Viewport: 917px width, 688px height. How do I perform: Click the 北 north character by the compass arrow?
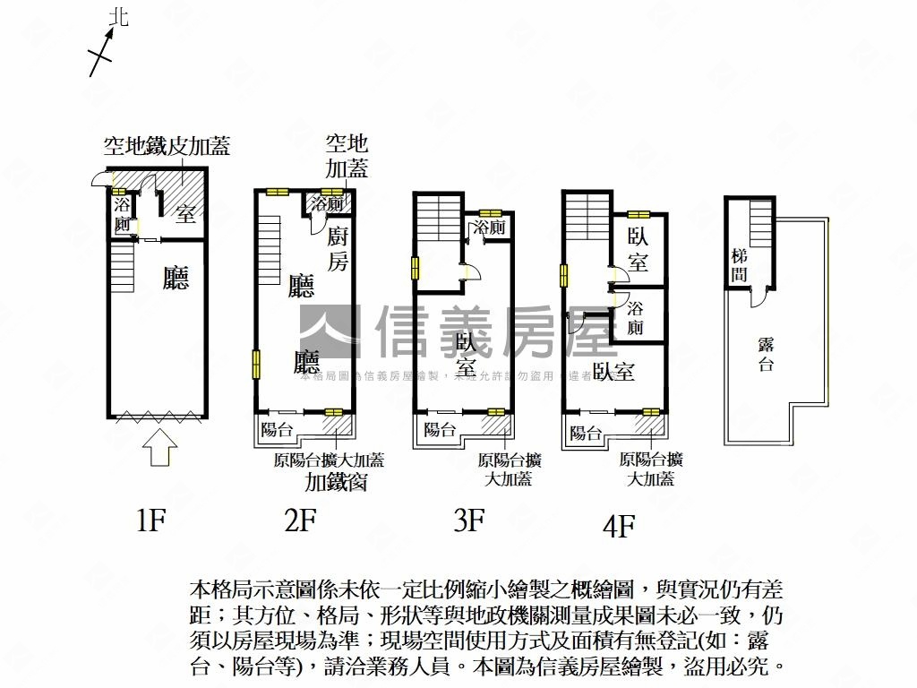pos(118,17)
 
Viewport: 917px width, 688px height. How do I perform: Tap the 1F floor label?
pos(150,520)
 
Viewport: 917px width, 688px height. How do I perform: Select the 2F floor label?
pos(300,520)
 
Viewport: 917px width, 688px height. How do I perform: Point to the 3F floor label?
pos(468,520)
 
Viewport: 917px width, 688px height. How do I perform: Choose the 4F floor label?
pos(617,526)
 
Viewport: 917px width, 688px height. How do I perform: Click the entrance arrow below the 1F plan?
pos(159,447)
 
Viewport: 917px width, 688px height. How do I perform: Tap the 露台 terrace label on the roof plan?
pos(766,355)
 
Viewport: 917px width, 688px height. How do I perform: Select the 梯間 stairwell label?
pos(739,266)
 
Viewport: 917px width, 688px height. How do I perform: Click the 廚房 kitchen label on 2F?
pos(338,248)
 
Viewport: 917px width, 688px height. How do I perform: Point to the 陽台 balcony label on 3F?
pos(439,429)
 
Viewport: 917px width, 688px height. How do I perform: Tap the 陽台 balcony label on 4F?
pos(585,434)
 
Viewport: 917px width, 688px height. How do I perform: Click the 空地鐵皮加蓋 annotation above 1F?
pos(167,145)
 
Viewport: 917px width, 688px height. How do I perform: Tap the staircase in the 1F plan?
pos(122,266)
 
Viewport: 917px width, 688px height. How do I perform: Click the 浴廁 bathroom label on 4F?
pos(635,317)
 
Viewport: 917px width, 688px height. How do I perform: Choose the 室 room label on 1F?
pos(185,215)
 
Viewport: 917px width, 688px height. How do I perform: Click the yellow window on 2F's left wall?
pos(256,364)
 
